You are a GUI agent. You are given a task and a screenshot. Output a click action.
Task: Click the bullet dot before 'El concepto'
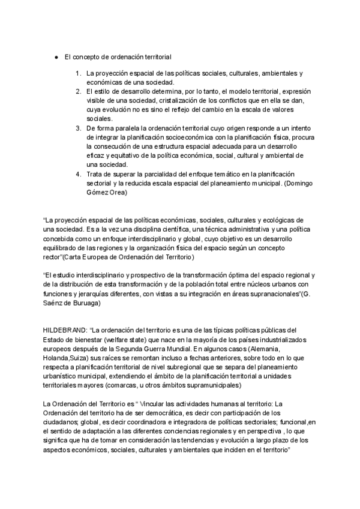(x=55, y=57)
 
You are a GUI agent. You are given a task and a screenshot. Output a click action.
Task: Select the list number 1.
(x=78, y=73)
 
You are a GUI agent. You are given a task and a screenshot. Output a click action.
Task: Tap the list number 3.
(x=78, y=128)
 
